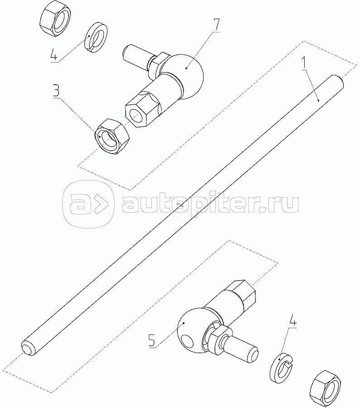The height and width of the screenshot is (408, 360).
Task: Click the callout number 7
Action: click(216, 25)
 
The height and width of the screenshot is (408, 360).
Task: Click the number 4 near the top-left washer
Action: click(54, 54)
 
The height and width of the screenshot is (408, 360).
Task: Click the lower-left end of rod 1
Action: click(28, 349)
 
